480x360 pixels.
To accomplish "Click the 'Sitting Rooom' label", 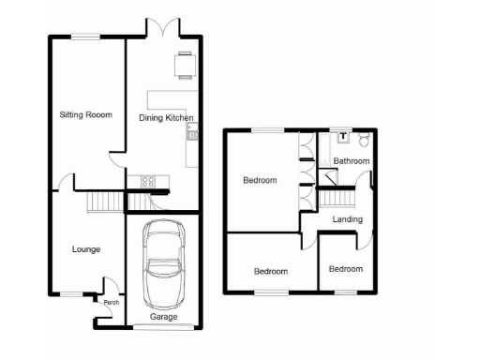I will point(85,115).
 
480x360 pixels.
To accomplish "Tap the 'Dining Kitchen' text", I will point(166,117).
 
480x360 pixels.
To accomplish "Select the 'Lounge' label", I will point(86,249).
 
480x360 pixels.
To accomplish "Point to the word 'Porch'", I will point(112,302).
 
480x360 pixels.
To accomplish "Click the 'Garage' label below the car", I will point(164,318).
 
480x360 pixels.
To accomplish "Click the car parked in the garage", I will point(164,266).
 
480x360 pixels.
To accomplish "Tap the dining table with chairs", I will point(182,65).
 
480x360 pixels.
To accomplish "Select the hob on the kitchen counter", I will point(148,179).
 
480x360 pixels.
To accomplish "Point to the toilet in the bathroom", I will point(365,140).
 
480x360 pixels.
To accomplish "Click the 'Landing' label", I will point(348,219).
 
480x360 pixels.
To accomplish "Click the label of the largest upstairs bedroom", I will point(260,180).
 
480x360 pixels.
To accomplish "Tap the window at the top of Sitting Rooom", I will point(85,36).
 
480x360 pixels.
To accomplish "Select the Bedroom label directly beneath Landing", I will point(345,269).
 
